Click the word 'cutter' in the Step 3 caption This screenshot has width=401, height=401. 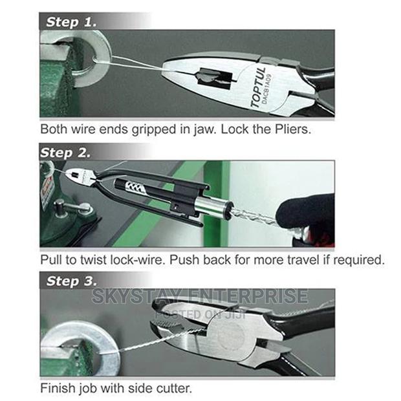click(171, 389)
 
